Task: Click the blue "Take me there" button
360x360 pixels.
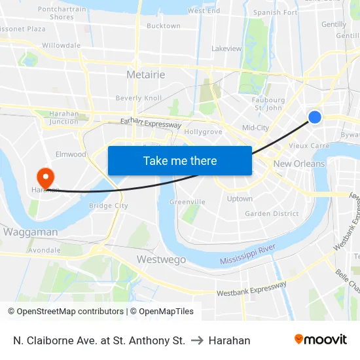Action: [180, 160]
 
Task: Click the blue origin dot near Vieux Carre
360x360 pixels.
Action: [315, 117]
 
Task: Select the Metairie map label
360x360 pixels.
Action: [145, 75]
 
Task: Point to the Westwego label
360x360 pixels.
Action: [161, 259]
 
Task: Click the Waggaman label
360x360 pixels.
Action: [30, 232]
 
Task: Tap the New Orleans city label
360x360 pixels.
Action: [299, 164]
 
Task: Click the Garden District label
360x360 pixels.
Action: [272, 213]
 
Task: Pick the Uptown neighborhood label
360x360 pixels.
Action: [239, 198]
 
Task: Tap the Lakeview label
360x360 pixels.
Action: [226, 48]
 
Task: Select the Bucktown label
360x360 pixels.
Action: [164, 26]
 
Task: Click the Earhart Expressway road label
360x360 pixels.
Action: [151, 122]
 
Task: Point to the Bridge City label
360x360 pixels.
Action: [109, 206]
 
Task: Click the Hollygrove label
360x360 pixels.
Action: [203, 132]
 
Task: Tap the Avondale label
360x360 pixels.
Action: [45, 250]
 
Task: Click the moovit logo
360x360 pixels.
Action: [320, 340]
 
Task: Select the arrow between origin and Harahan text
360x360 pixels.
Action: [196, 340]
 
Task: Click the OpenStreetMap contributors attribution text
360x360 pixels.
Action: [65, 312]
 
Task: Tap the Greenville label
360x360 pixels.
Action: [187, 202]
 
